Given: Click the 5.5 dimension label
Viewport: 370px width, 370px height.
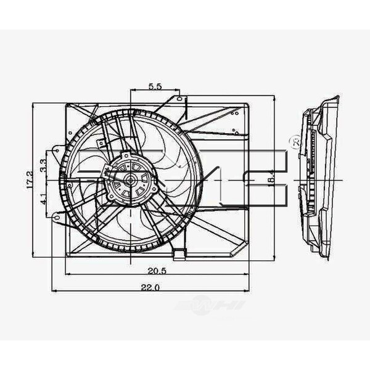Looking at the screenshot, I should [x=155, y=87].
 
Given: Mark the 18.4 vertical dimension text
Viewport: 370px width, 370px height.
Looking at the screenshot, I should [x=272, y=178].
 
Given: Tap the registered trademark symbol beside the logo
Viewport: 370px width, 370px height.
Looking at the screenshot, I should [x=294, y=143].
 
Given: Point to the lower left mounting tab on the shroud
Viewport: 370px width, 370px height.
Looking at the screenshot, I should [x=57, y=216].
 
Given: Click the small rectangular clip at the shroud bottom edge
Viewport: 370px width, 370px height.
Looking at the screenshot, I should [x=179, y=252].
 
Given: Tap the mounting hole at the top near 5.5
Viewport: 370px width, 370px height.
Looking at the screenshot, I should [x=178, y=98].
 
